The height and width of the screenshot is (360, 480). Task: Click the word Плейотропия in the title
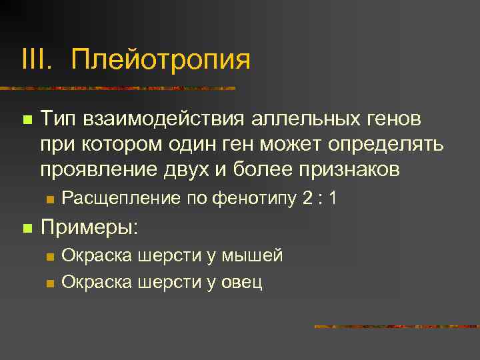[161, 59]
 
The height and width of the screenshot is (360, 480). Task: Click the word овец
[242, 281]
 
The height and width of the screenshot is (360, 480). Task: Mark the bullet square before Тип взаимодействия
[27, 120]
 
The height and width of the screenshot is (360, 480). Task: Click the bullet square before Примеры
[27, 228]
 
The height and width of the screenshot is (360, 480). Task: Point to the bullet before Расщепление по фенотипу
[50, 199]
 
